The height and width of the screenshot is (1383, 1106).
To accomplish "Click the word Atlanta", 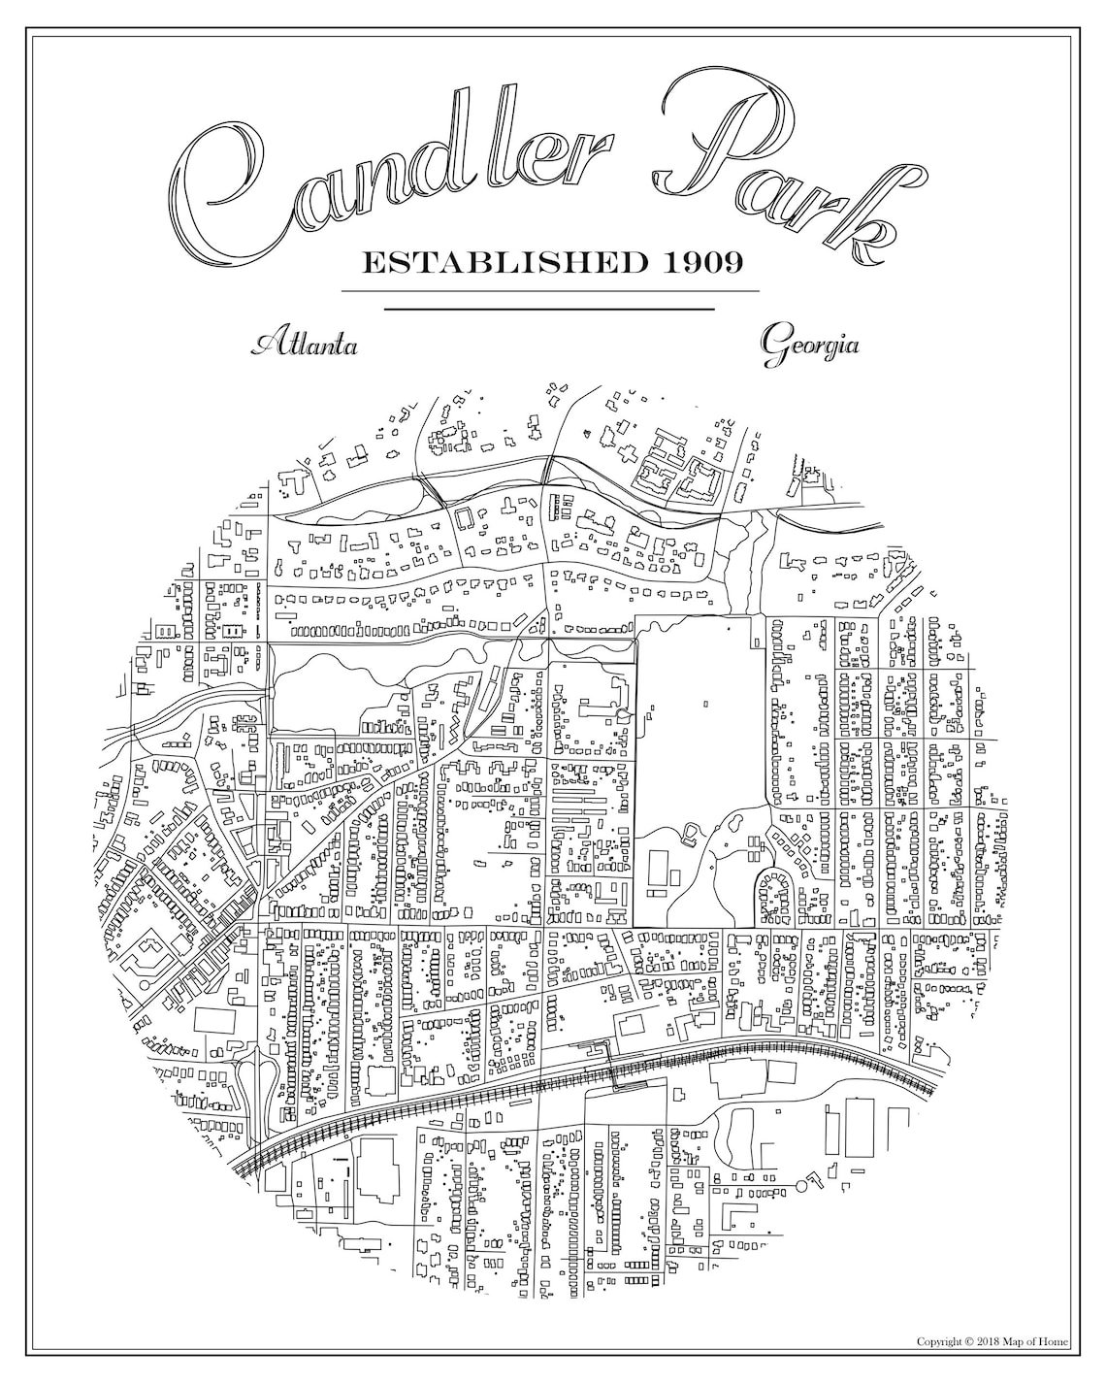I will (304, 345).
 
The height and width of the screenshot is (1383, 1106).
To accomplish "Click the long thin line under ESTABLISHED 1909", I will (550, 290).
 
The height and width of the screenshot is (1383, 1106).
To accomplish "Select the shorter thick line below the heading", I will (550, 309).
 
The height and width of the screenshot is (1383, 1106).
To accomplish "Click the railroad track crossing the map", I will (582, 1077).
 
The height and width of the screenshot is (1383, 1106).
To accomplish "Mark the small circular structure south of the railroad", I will (802, 1184).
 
